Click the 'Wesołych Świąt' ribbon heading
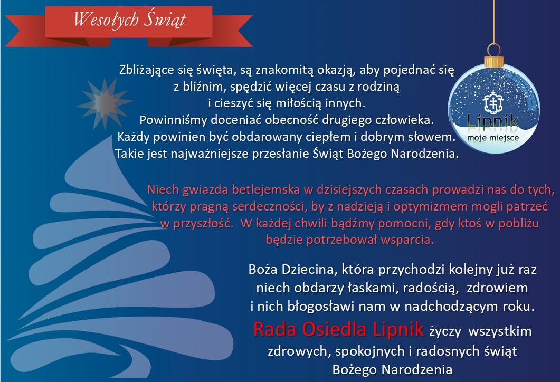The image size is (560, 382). (130, 19)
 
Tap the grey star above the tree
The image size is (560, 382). (105, 103)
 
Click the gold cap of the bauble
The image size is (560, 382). (494, 60)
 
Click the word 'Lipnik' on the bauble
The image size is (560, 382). (493, 121)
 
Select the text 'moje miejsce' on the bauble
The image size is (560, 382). (493, 138)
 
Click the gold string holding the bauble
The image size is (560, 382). (494, 22)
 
